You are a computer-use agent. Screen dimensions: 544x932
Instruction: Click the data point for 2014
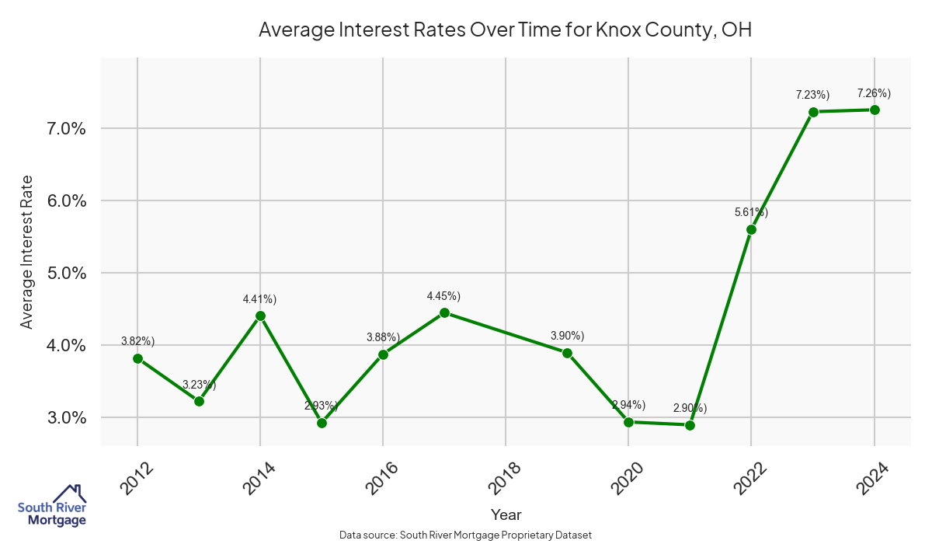point(260,316)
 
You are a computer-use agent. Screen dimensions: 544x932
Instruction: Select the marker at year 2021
point(690,425)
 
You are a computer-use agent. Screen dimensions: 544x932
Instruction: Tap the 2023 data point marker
point(813,112)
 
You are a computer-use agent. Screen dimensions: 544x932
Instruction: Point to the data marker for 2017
point(444,312)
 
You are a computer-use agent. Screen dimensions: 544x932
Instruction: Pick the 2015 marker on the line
point(322,423)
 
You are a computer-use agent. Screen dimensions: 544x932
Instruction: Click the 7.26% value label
point(874,93)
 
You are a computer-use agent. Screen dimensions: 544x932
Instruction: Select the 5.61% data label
point(751,211)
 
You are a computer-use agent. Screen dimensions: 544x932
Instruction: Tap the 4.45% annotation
point(443,296)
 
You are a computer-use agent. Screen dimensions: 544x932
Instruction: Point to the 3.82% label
point(137,341)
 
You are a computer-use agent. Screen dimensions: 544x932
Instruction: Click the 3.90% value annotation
point(567,336)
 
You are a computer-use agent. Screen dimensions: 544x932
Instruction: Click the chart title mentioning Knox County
point(505,30)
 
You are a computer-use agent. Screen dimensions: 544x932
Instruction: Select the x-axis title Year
point(506,514)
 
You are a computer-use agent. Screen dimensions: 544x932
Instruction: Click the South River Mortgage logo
point(52,506)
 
